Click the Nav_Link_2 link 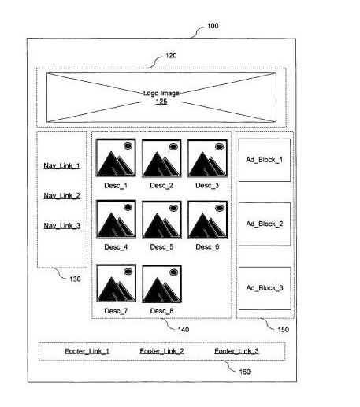pos(61,196)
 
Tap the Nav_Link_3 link pos(61,226)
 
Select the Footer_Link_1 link pos(87,351)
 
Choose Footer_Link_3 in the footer pos(236,351)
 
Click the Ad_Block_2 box pos(265,224)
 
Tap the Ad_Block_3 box pos(265,288)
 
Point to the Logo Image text pos(161,93)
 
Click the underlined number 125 pos(161,102)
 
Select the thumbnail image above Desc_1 pos(116,157)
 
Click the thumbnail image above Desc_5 pos(161,220)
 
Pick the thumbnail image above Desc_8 pos(161,283)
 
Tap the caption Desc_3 pos(207,186)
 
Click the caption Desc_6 pos(207,247)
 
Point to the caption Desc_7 pos(116,311)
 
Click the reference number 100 pos(213,26)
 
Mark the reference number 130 pos(75,279)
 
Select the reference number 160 pos(244,372)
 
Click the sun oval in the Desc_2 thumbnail pos(173,146)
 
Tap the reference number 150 pos(283,330)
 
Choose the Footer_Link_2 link pos(161,351)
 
